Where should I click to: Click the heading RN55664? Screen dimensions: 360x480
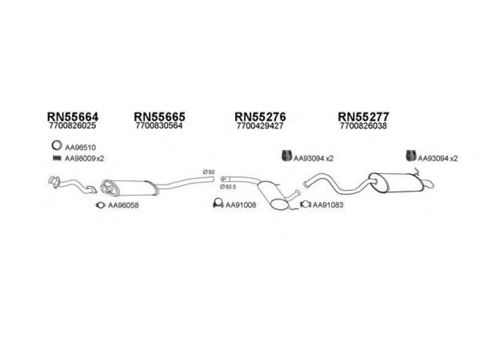click(73, 116)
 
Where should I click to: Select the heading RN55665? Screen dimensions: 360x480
click(159, 116)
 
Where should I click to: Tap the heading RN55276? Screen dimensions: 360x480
click(260, 116)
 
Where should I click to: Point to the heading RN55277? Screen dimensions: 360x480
click(364, 116)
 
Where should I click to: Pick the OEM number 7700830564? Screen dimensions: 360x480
click(159, 127)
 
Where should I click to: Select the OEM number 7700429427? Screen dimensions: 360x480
click(260, 127)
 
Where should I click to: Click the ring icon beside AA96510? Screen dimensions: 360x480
click(55, 146)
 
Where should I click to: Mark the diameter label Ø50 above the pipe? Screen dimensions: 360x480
click(208, 173)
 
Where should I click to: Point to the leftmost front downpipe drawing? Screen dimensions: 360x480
click(69, 184)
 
